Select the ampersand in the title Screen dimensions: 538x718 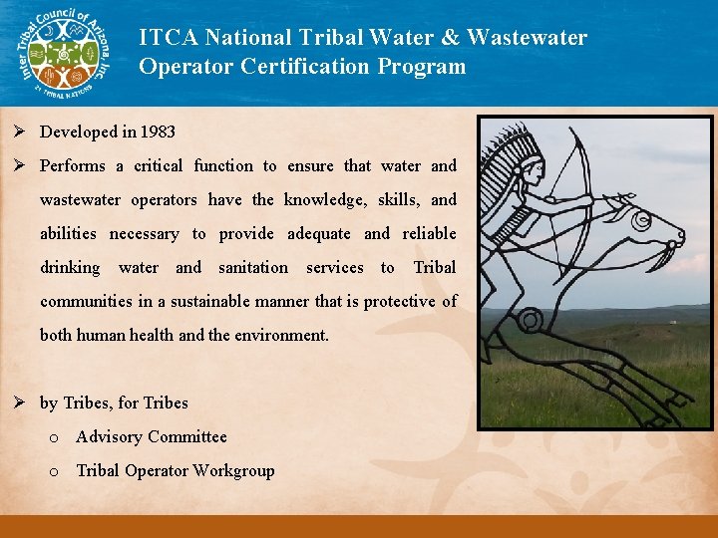point(448,38)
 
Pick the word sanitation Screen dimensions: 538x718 point(253,267)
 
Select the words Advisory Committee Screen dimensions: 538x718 point(152,436)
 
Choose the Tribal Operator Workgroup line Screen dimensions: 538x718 point(176,470)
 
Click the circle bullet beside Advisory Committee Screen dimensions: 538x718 point(54,437)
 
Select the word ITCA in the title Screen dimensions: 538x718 point(167,38)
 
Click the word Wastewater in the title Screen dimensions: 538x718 point(527,38)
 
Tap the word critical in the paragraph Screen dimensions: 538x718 point(153,165)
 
